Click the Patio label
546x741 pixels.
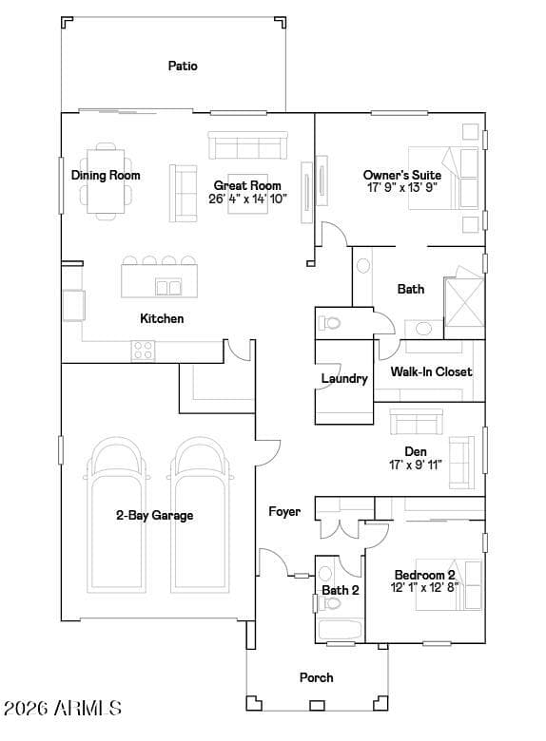coord(183,66)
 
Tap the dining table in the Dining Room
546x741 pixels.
coord(106,181)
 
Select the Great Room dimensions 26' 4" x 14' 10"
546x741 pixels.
coord(247,199)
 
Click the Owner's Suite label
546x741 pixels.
coord(402,175)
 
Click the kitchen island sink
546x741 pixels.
coord(168,287)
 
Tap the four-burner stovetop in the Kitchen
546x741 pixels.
coord(143,351)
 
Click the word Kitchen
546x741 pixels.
coord(162,318)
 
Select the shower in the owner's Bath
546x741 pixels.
coord(463,302)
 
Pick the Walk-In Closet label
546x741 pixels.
coord(431,371)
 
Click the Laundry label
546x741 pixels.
coord(344,378)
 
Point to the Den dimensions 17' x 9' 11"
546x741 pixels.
coord(416,465)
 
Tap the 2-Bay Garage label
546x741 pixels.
coord(155,515)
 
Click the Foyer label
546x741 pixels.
coord(284,512)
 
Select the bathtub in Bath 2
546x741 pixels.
coord(341,631)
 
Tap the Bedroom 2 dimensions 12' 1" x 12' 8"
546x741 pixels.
coord(425,587)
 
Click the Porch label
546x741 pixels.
coord(317,677)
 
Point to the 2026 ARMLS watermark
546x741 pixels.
coord(63,708)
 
